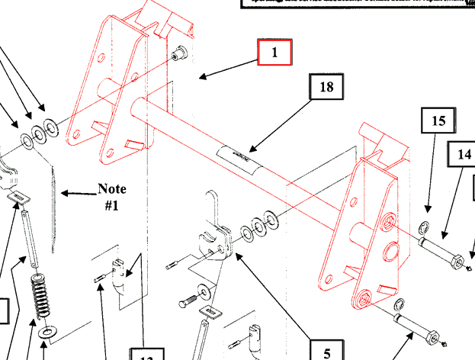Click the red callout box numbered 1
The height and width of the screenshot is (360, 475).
click(x=274, y=53)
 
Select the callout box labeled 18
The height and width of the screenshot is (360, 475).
click(x=326, y=88)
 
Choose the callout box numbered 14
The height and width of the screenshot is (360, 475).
click(x=464, y=154)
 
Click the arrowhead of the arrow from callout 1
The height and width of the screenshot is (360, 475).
click(x=201, y=76)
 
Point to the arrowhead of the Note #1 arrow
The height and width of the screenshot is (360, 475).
click(x=64, y=194)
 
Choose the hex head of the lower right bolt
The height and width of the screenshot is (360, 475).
click(x=432, y=337)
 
